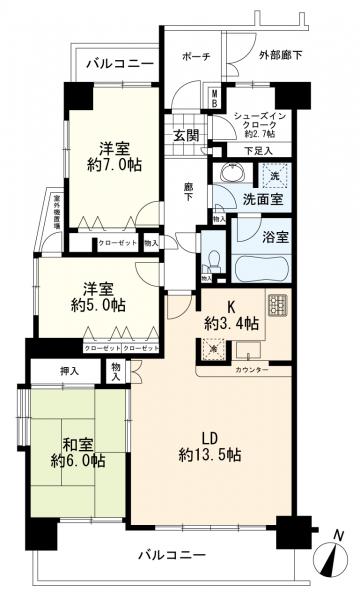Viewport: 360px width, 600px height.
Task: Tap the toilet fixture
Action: [210, 262]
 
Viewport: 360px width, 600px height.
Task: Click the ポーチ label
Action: [194, 57]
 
